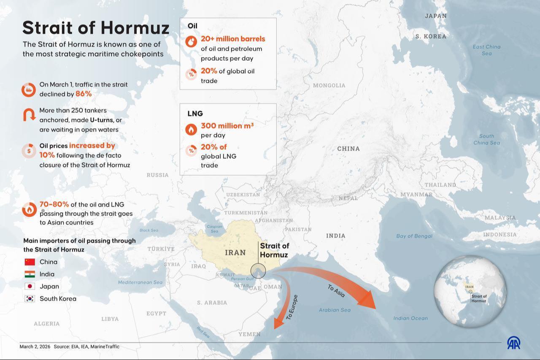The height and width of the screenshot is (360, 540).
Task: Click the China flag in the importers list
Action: pyautogui.click(x=30, y=262)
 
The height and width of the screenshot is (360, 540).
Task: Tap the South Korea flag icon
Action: pyautogui.click(x=30, y=299)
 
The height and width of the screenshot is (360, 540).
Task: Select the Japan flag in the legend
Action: pyautogui.click(x=30, y=287)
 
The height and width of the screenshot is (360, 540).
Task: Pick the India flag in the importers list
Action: pyautogui.click(x=30, y=274)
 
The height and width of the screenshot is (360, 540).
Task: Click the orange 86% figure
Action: pyautogui.click(x=84, y=94)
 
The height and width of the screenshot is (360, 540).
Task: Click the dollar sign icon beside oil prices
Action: pyautogui.click(x=29, y=151)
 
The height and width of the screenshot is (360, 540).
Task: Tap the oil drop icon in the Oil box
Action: pyautogui.click(x=191, y=41)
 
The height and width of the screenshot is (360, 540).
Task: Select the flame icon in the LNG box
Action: pyautogui.click(x=191, y=129)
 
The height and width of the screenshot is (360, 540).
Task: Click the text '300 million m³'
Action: pyautogui.click(x=227, y=126)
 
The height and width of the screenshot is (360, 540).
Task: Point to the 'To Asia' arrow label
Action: pyautogui.click(x=336, y=291)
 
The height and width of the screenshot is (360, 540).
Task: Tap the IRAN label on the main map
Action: pyautogui.click(x=235, y=253)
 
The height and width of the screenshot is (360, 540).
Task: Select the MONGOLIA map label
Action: pyautogui.click(x=329, y=86)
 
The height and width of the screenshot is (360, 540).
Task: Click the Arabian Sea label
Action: pyautogui.click(x=335, y=310)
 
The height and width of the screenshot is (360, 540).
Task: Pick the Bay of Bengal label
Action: pyautogui.click(x=414, y=236)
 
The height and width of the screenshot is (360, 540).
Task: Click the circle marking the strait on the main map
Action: pyautogui.click(x=258, y=271)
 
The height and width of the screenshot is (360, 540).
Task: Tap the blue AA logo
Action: pyautogui.click(x=513, y=343)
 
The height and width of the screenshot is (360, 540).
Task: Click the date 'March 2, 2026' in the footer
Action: pyautogui.click(x=35, y=346)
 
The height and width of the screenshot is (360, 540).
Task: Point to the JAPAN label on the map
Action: pyautogui.click(x=435, y=16)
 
